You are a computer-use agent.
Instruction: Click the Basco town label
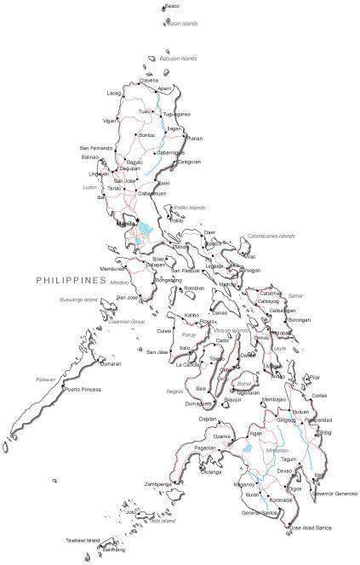click(174, 7)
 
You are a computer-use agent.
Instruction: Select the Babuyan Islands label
click(178, 59)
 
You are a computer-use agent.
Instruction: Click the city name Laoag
click(114, 93)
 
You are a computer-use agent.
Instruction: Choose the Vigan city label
click(109, 121)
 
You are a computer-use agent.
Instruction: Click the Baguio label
click(134, 162)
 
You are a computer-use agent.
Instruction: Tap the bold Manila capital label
click(126, 223)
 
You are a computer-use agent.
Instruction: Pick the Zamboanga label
click(158, 483)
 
